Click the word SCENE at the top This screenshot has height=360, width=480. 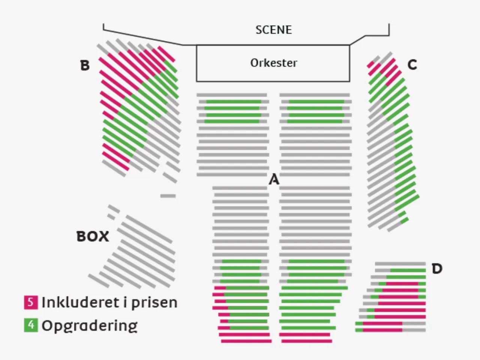pyautogui.click(x=273, y=30)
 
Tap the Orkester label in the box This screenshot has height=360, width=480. pyautogui.click(x=273, y=63)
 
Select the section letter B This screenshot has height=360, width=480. pyautogui.click(x=85, y=65)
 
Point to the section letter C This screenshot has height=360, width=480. pyautogui.click(x=412, y=65)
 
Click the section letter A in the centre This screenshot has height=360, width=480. pyautogui.click(x=274, y=180)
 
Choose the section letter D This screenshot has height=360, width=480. pyautogui.click(x=437, y=268)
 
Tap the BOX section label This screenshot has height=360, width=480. pyautogui.click(x=93, y=236)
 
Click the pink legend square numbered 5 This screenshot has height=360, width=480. pyautogui.click(x=31, y=302)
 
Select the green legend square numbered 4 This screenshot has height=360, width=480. pyautogui.click(x=31, y=325)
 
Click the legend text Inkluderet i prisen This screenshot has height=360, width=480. pyautogui.click(x=109, y=302)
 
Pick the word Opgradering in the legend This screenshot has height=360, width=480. pyautogui.click(x=89, y=325)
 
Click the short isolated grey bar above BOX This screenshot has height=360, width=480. pyautogui.click(x=168, y=196)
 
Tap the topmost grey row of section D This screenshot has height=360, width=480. pyautogui.click(x=400, y=264)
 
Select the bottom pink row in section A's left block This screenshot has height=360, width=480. pyautogui.click(x=246, y=341)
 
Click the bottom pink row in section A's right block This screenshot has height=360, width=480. pyautogui.click(x=306, y=341)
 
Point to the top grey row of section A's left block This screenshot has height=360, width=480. pyautogui.click(x=232, y=95)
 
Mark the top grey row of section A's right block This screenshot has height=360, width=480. pyautogui.click(x=315, y=95)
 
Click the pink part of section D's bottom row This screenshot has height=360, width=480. pyautogui.click(x=382, y=330)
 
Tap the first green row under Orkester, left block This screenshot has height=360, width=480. pyautogui.click(x=233, y=102)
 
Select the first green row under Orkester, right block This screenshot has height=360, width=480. pyautogui.click(x=316, y=102)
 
